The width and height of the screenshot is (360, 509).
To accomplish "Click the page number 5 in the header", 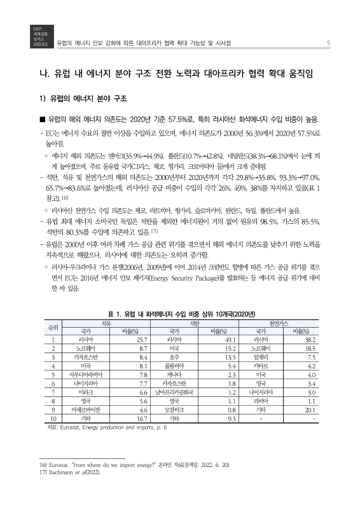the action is pyautogui.click(x=327, y=43).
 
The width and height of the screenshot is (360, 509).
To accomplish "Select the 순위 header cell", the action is pyautogui.click(x=53, y=328).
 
